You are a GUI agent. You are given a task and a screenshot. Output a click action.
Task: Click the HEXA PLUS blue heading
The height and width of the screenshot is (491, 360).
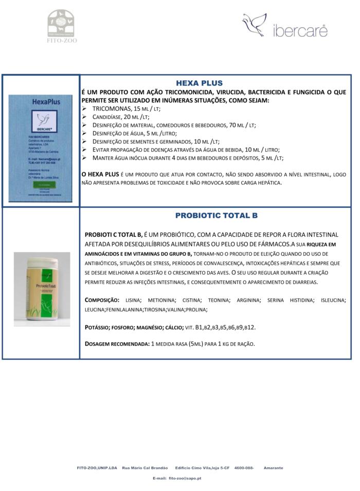pyautogui.click(x=199, y=82)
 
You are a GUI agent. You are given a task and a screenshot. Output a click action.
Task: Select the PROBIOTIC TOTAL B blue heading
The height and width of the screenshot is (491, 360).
pyautogui.click(x=216, y=215)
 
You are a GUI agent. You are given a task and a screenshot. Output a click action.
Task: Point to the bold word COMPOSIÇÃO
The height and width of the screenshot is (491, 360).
pyautogui.click(x=102, y=300)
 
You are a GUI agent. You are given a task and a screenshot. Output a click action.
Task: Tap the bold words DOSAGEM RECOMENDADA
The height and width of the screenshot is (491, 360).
pyautogui.click(x=116, y=343)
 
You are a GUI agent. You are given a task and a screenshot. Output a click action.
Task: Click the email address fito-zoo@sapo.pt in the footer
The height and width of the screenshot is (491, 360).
pyautogui.click(x=185, y=478)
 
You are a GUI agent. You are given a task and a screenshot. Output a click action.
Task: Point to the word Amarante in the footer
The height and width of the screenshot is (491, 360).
pyautogui.click(x=273, y=468)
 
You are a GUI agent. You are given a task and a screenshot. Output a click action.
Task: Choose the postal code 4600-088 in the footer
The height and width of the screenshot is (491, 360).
pyautogui.click(x=244, y=468)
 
